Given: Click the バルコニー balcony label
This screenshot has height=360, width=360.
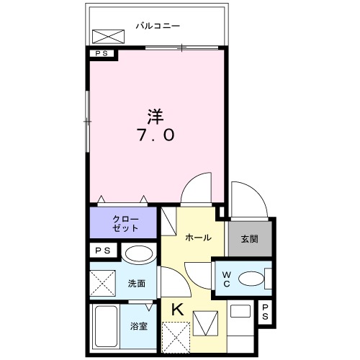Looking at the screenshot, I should [x=158, y=27].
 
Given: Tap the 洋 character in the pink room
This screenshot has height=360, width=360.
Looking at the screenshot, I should [x=155, y=114].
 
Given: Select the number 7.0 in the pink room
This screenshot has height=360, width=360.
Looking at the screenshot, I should [x=155, y=135].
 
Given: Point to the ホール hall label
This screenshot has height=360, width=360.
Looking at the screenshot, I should [x=198, y=237].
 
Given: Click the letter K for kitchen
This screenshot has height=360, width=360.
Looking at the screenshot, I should [x=177, y=309].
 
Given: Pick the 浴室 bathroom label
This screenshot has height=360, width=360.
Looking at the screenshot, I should [x=138, y=326].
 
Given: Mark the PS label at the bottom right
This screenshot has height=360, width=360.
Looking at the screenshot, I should [x=266, y=312].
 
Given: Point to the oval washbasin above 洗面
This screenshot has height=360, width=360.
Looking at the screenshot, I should [x=138, y=254].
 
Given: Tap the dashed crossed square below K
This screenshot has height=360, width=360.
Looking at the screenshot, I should [x=177, y=336].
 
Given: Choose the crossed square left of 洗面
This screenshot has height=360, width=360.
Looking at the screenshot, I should [x=102, y=283].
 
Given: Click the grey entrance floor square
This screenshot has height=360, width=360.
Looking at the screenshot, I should [x=249, y=238].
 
